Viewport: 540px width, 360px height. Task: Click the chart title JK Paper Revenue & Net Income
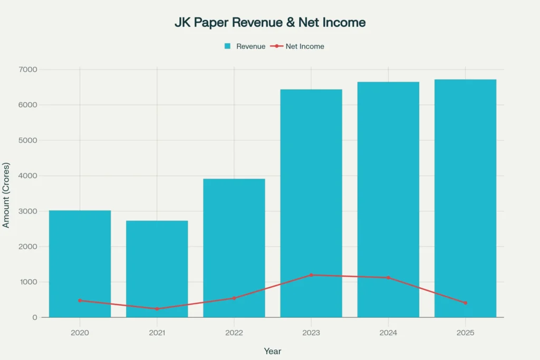[x=269, y=23]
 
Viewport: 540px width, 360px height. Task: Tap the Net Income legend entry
[x=297, y=46]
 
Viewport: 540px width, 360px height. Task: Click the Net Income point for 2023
[x=311, y=275]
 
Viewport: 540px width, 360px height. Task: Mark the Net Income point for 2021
[x=157, y=309]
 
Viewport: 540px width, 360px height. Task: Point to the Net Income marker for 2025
[x=465, y=303]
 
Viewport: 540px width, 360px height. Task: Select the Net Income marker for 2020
[x=80, y=300]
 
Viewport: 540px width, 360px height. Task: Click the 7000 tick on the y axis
[x=28, y=70]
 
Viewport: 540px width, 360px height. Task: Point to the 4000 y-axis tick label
[x=28, y=176]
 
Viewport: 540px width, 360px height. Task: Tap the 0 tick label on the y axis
[x=34, y=317]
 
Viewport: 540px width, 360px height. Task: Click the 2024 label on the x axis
[x=388, y=333]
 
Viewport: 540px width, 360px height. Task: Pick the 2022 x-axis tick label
[x=234, y=333]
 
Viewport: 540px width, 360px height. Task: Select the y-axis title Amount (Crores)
[x=6, y=193]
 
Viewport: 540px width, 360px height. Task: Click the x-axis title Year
[x=273, y=351]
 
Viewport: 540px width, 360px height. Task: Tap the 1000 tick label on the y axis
[x=28, y=282]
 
